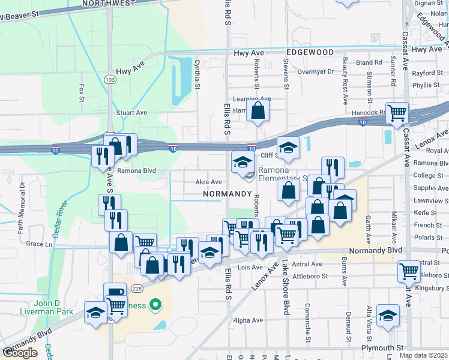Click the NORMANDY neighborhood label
tap(226, 194)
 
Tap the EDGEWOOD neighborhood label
tap(310, 53)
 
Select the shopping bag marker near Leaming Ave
tap(258, 111)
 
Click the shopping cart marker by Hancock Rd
tap(397, 113)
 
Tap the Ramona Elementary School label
tap(282, 174)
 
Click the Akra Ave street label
tap(209, 182)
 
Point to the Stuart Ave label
tap(131, 112)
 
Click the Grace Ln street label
tap(39, 244)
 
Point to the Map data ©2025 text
tap(423, 355)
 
